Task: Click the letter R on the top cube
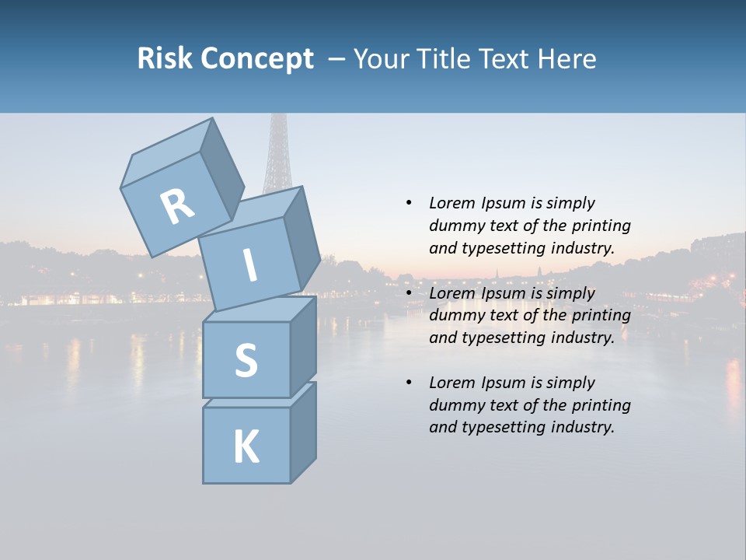pos(178,206)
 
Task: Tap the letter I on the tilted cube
pos(249,265)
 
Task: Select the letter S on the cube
pos(246,360)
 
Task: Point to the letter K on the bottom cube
pos(246,447)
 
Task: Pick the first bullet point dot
pos(409,203)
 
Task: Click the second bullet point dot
pos(409,293)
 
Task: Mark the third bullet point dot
pos(409,383)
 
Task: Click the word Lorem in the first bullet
pos(451,203)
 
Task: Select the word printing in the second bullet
pos(601,315)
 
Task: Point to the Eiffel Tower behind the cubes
pos(276,156)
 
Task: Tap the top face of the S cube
pos(260,309)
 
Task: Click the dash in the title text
pos(336,60)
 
